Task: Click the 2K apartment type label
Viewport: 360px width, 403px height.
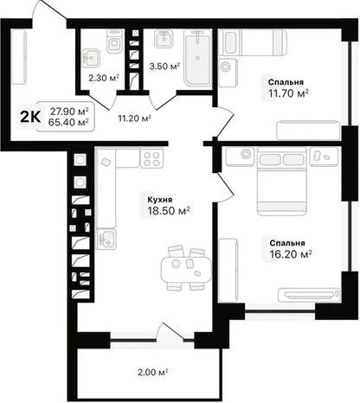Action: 30,117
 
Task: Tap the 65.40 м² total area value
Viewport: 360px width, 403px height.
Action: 68,123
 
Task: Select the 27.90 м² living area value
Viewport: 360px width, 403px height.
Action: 69,111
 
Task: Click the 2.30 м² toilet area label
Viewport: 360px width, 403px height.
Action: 104,78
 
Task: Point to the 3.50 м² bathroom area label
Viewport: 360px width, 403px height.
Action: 164,67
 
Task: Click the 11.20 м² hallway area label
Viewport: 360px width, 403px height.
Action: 135,118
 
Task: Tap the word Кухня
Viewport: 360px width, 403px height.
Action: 160,200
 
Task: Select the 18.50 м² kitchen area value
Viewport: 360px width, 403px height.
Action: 169,211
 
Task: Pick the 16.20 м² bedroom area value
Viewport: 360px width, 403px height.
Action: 291,254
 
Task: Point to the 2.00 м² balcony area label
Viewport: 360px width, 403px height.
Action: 153,372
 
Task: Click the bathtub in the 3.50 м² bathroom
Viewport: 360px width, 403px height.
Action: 197,58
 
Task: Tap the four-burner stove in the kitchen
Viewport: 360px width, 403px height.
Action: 151,158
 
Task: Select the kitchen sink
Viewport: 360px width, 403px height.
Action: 106,239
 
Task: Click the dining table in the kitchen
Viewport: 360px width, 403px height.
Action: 186,270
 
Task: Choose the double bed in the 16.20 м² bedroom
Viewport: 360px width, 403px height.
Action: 281,182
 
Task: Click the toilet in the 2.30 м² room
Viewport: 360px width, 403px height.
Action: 115,42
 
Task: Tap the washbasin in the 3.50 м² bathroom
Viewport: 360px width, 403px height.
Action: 164,38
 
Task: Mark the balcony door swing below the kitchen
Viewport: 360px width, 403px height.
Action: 172,332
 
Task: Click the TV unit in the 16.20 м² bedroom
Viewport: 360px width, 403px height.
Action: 309,295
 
